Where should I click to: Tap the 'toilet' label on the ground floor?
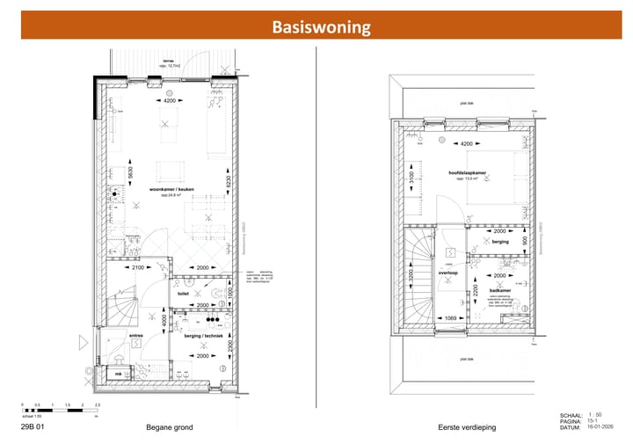[184, 295]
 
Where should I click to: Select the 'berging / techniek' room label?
[203, 336]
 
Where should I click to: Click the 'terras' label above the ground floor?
[168, 61]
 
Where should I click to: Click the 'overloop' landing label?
[450, 273]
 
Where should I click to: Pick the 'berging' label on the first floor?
[500, 241]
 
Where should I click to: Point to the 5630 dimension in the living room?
[129, 173]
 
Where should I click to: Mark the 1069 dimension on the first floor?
[450, 317]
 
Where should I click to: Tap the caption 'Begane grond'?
[170, 427]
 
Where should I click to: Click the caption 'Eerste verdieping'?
[467, 427]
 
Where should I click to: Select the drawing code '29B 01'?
[33, 427]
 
